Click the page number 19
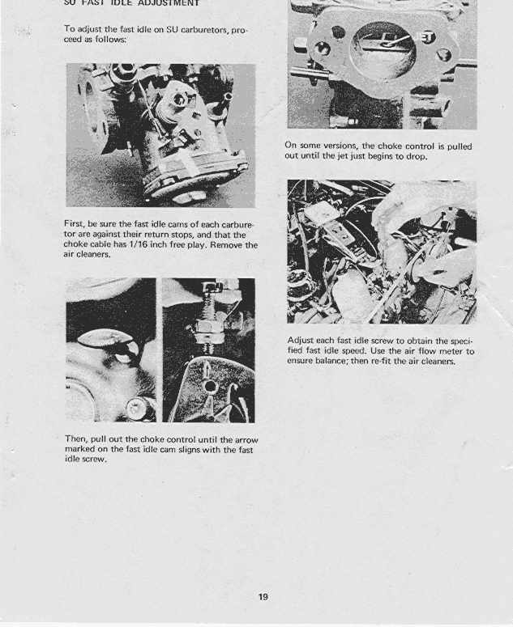click(263, 597)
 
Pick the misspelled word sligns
click(190, 449)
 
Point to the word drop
click(417, 157)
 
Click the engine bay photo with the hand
click(382, 252)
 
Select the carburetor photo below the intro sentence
click(160, 135)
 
